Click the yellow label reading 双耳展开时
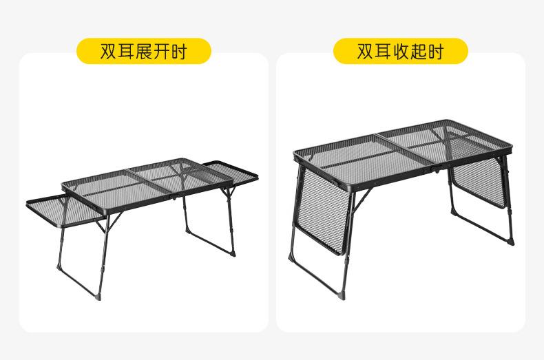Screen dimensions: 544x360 coord(143,51)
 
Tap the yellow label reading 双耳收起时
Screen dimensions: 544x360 coord(401,51)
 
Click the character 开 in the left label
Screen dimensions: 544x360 coord(161,51)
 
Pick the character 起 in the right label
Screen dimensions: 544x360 coord(418,51)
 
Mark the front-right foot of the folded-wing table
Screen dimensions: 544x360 coord(510,242)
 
